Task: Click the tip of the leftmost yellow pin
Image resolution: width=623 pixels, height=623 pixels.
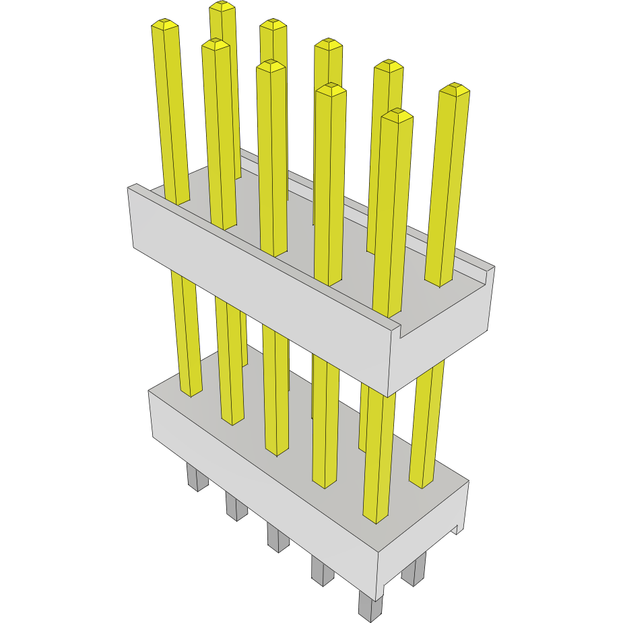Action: tap(165, 26)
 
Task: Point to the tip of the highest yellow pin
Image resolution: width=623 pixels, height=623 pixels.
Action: tap(222, 7)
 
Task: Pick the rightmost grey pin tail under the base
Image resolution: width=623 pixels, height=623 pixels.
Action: tap(414, 570)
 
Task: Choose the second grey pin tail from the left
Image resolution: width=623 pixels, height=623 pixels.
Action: tap(236, 506)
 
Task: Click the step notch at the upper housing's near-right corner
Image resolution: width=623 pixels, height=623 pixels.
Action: tap(397, 330)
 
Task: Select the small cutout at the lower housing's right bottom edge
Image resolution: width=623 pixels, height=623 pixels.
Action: tap(459, 529)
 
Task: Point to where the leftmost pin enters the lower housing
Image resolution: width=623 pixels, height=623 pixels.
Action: tap(191, 393)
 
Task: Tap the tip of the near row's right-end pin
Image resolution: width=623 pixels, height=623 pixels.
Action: tap(397, 116)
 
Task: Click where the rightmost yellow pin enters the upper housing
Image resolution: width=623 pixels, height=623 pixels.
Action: tap(438, 282)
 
